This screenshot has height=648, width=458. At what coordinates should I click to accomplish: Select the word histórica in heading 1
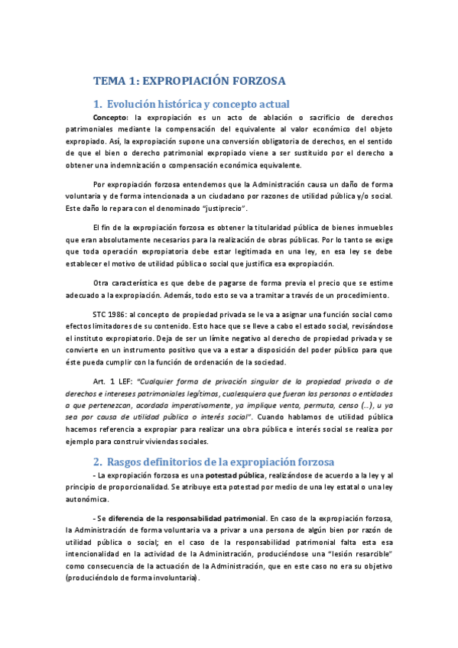(175, 105)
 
